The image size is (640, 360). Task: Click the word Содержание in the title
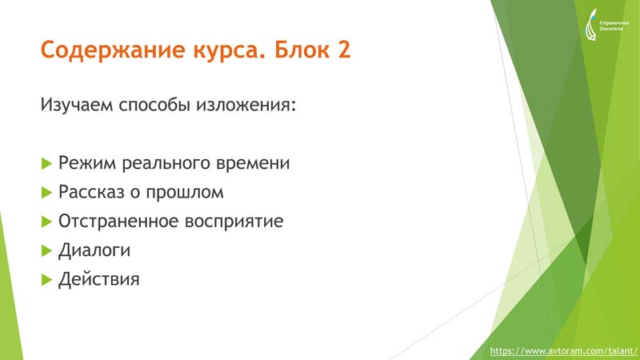coord(113,50)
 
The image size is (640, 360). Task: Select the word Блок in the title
coord(302,49)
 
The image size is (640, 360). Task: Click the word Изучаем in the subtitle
coord(76,105)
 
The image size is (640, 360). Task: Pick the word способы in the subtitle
coord(154,105)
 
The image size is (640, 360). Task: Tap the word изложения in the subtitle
coord(246,106)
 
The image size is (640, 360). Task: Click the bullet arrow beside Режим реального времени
coord(47,164)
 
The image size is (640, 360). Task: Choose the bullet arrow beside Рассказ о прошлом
coord(47,193)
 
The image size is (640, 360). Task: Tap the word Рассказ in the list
coord(91,192)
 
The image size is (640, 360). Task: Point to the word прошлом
coord(185,193)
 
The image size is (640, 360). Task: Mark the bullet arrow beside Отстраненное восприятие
coord(47,222)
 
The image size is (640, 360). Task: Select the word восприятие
coord(234,222)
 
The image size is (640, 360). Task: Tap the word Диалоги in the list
coord(94,250)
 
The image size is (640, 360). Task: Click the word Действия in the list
coord(98,279)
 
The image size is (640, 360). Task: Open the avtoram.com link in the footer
coord(563,351)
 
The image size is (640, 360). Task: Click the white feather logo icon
coord(590,25)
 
